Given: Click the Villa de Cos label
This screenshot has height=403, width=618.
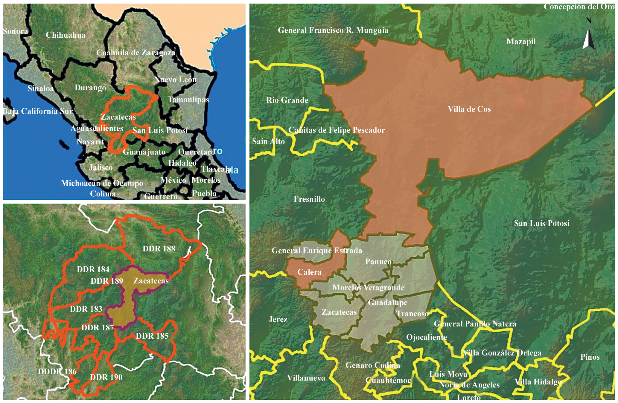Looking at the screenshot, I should click(x=469, y=109).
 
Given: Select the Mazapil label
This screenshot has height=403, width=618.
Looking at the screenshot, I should click(x=521, y=42).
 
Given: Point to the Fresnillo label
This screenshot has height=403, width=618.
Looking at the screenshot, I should click(x=309, y=199).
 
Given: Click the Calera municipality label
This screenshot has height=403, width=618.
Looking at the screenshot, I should click(x=309, y=272).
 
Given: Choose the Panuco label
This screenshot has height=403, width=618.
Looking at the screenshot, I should click(x=378, y=262).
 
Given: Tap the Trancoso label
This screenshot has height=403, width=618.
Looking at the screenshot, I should click(x=412, y=314).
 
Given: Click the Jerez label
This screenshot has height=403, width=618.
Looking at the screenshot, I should click(x=278, y=319).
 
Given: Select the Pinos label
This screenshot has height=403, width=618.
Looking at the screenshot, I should click(x=590, y=357).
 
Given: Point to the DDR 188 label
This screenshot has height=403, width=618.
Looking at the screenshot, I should click(x=159, y=249).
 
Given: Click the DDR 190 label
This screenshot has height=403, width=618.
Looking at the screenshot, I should click(x=106, y=377).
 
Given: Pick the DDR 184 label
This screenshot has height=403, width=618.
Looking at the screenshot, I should click(x=93, y=269).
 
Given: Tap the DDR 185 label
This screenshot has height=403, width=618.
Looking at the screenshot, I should click(x=152, y=336).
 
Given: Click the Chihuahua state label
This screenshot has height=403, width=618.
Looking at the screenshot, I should click(x=66, y=35).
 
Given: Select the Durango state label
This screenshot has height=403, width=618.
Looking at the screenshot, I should click(x=90, y=88).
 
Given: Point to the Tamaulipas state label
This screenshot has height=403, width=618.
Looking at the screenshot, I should click(x=188, y=100).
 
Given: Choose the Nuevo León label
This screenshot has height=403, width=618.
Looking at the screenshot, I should click(x=175, y=80).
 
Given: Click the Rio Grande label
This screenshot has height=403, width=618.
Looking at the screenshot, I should click(x=287, y=100).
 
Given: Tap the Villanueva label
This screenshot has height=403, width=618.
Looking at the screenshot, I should click(x=306, y=378).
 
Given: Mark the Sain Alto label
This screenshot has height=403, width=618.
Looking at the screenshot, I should click(x=268, y=141).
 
